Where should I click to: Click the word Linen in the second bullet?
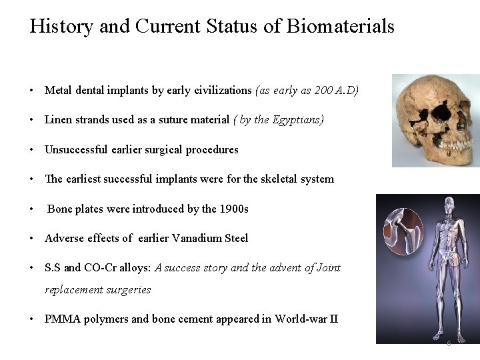point(59,120)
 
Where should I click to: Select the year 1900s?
point(234,209)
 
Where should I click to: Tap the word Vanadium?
point(201,238)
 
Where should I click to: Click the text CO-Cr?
point(99,267)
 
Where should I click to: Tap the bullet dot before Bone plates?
point(32,209)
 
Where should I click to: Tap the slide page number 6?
point(449,344)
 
